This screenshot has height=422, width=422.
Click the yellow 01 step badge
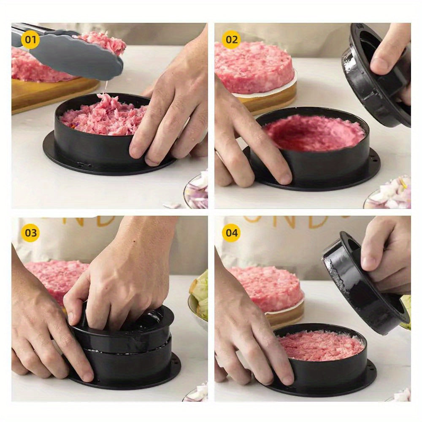click(x=30, y=40)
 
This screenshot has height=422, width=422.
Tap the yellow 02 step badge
click(x=231, y=40)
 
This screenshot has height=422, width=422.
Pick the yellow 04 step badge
click(x=231, y=233)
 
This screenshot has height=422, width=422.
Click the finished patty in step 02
click(x=253, y=68)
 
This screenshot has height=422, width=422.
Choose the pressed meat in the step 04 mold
click(x=321, y=344)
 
